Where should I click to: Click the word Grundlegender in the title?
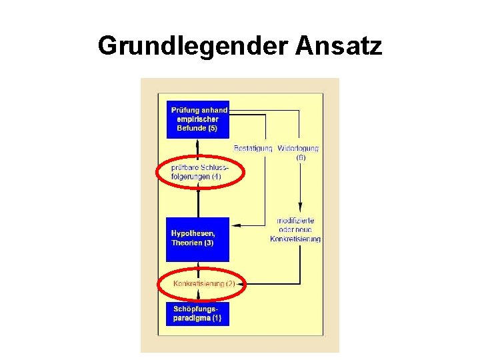tap(193, 47)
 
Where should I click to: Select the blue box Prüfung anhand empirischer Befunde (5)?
tap(198, 119)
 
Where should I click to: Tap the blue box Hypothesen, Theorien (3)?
tap(198, 239)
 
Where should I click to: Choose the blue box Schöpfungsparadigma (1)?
tap(198, 313)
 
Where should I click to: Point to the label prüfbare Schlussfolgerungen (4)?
tap(199, 172)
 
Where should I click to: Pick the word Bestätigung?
tap(253, 148)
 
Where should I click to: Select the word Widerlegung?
tap(298, 148)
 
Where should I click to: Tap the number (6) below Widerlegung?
tap(301, 158)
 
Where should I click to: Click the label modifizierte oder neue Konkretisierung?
tap(295, 229)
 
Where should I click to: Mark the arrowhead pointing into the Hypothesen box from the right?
tap(235, 225)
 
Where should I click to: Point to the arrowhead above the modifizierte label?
tap(300, 207)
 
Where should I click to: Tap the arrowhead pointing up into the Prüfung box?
tap(198, 141)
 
